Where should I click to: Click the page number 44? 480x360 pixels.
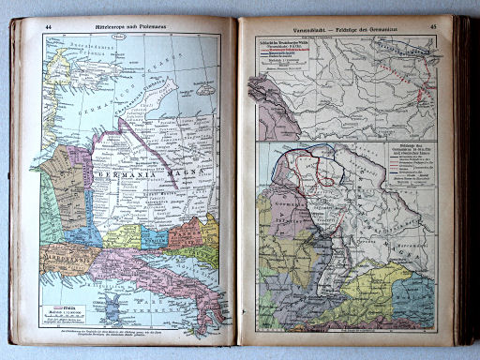point(48,27)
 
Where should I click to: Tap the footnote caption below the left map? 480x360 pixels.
point(131,333)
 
